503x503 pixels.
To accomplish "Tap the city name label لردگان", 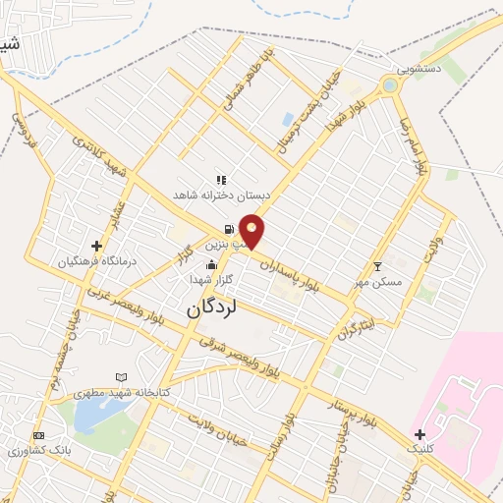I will (211, 307).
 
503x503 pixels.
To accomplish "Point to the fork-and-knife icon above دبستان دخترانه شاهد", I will (221, 180).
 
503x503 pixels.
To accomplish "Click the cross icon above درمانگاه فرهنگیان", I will (96, 246).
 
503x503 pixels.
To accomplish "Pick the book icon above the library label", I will (122, 376).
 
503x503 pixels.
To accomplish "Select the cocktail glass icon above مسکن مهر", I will (378, 266).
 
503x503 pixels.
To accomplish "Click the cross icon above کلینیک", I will (419, 433).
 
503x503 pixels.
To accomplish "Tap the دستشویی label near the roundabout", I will (419, 70).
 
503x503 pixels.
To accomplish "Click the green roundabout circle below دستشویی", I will (391, 85).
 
